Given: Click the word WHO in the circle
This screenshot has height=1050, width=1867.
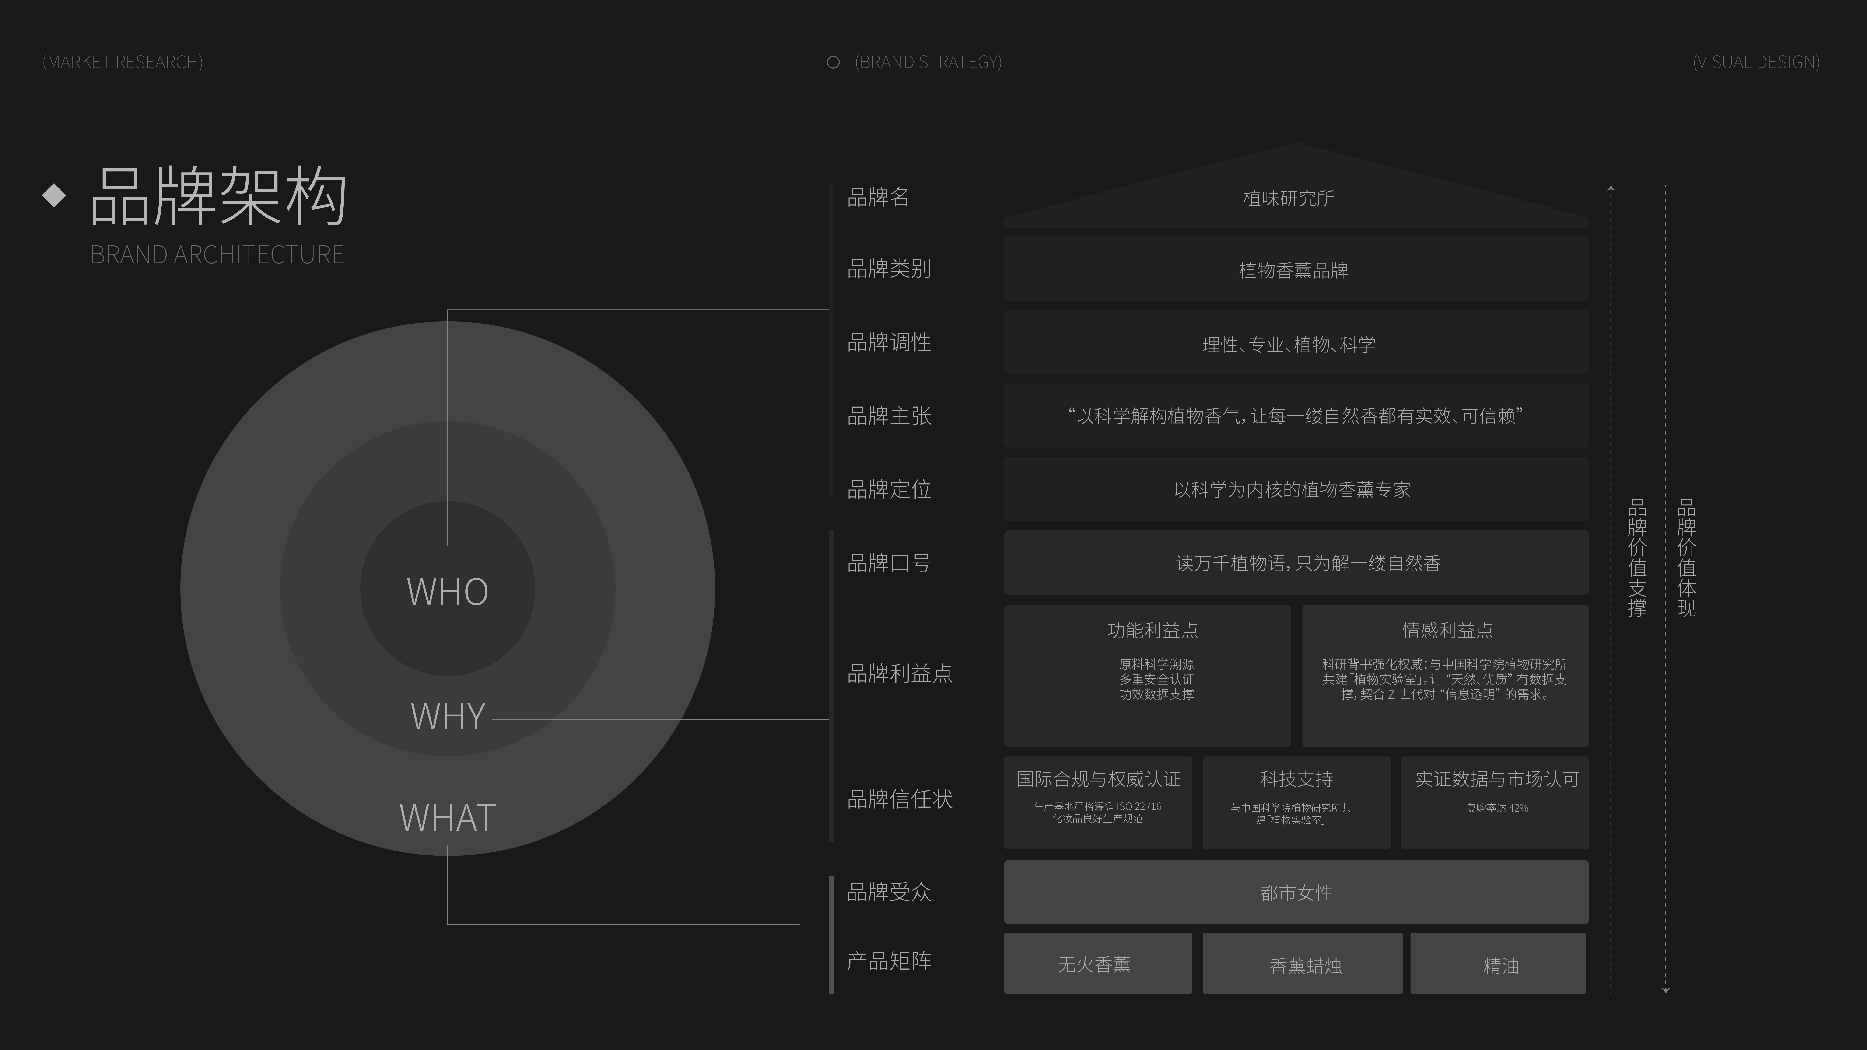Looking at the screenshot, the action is click(447, 591).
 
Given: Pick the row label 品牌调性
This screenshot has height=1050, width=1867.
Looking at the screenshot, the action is click(889, 342).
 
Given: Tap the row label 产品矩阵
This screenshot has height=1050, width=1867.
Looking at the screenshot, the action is click(889, 961).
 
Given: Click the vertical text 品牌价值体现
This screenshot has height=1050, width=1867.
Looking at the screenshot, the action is click(1687, 558).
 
